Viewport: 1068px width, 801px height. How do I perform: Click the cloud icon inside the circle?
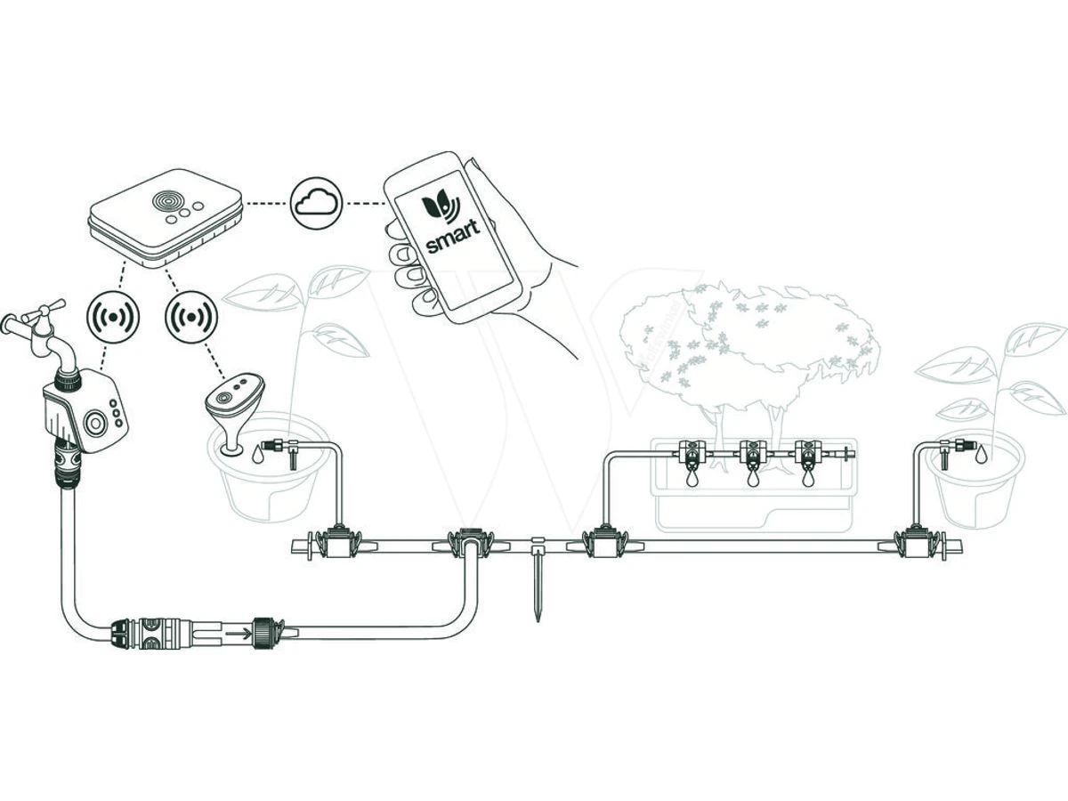pyautogui.click(x=317, y=203)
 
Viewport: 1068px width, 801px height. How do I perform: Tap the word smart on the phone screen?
pyautogui.click(x=452, y=236)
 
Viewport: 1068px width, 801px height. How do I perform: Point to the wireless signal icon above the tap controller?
pyautogui.click(x=112, y=316)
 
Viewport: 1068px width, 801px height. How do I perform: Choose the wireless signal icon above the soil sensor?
pyautogui.click(x=191, y=316)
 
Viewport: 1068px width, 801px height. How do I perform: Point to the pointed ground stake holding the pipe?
pyautogui.click(x=537, y=587)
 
